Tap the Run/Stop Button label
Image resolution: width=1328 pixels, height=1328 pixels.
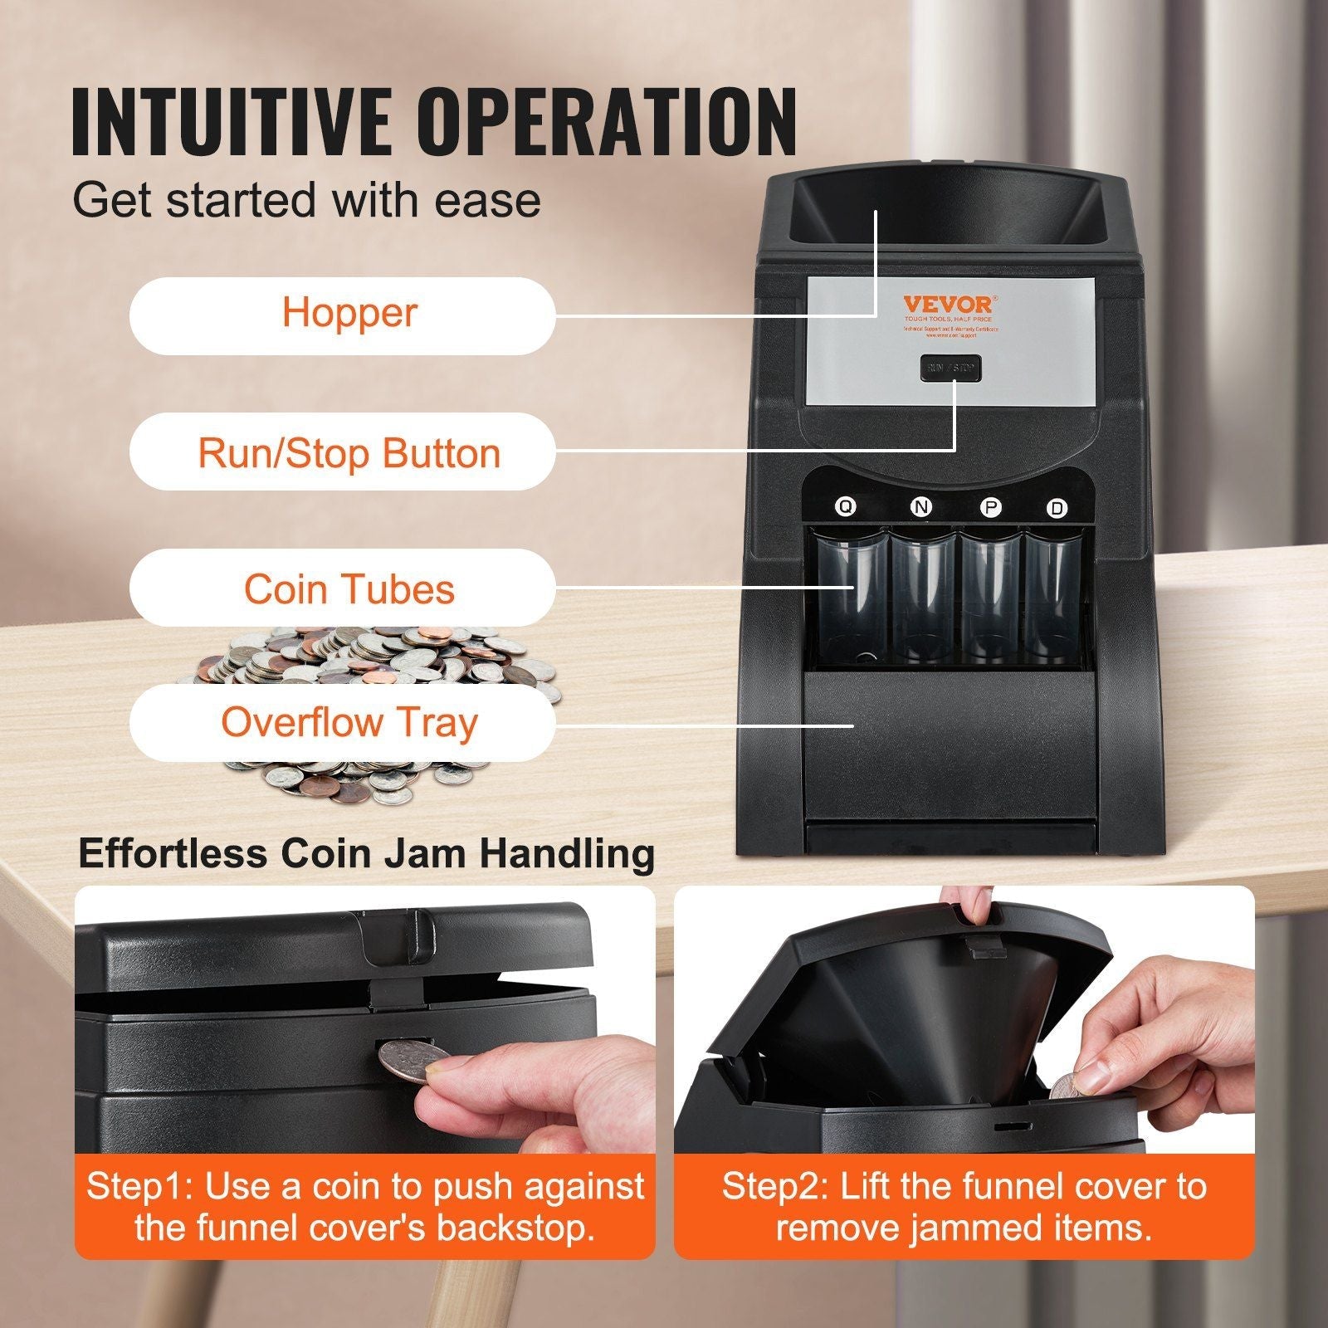(342, 452)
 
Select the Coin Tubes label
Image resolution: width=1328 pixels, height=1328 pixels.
(342, 588)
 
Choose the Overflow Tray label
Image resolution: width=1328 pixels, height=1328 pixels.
(342, 722)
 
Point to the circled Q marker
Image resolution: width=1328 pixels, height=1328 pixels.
(844, 507)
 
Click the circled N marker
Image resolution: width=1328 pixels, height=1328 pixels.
(920, 507)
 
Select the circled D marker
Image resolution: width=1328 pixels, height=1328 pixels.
(1057, 509)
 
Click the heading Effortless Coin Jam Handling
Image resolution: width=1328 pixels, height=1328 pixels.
(366, 853)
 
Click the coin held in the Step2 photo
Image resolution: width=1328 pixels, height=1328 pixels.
(1068, 1086)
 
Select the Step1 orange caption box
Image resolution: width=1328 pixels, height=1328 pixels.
(365, 1206)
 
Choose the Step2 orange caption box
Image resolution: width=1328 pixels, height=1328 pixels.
(964, 1206)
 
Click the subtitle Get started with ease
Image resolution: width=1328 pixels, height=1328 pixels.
(307, 200)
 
